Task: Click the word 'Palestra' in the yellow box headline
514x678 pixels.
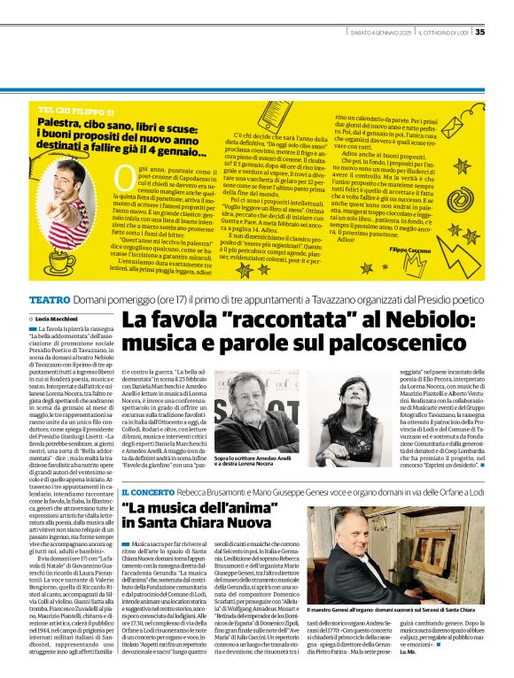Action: click(61, 127)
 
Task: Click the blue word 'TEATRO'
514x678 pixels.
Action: click(49, 299)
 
